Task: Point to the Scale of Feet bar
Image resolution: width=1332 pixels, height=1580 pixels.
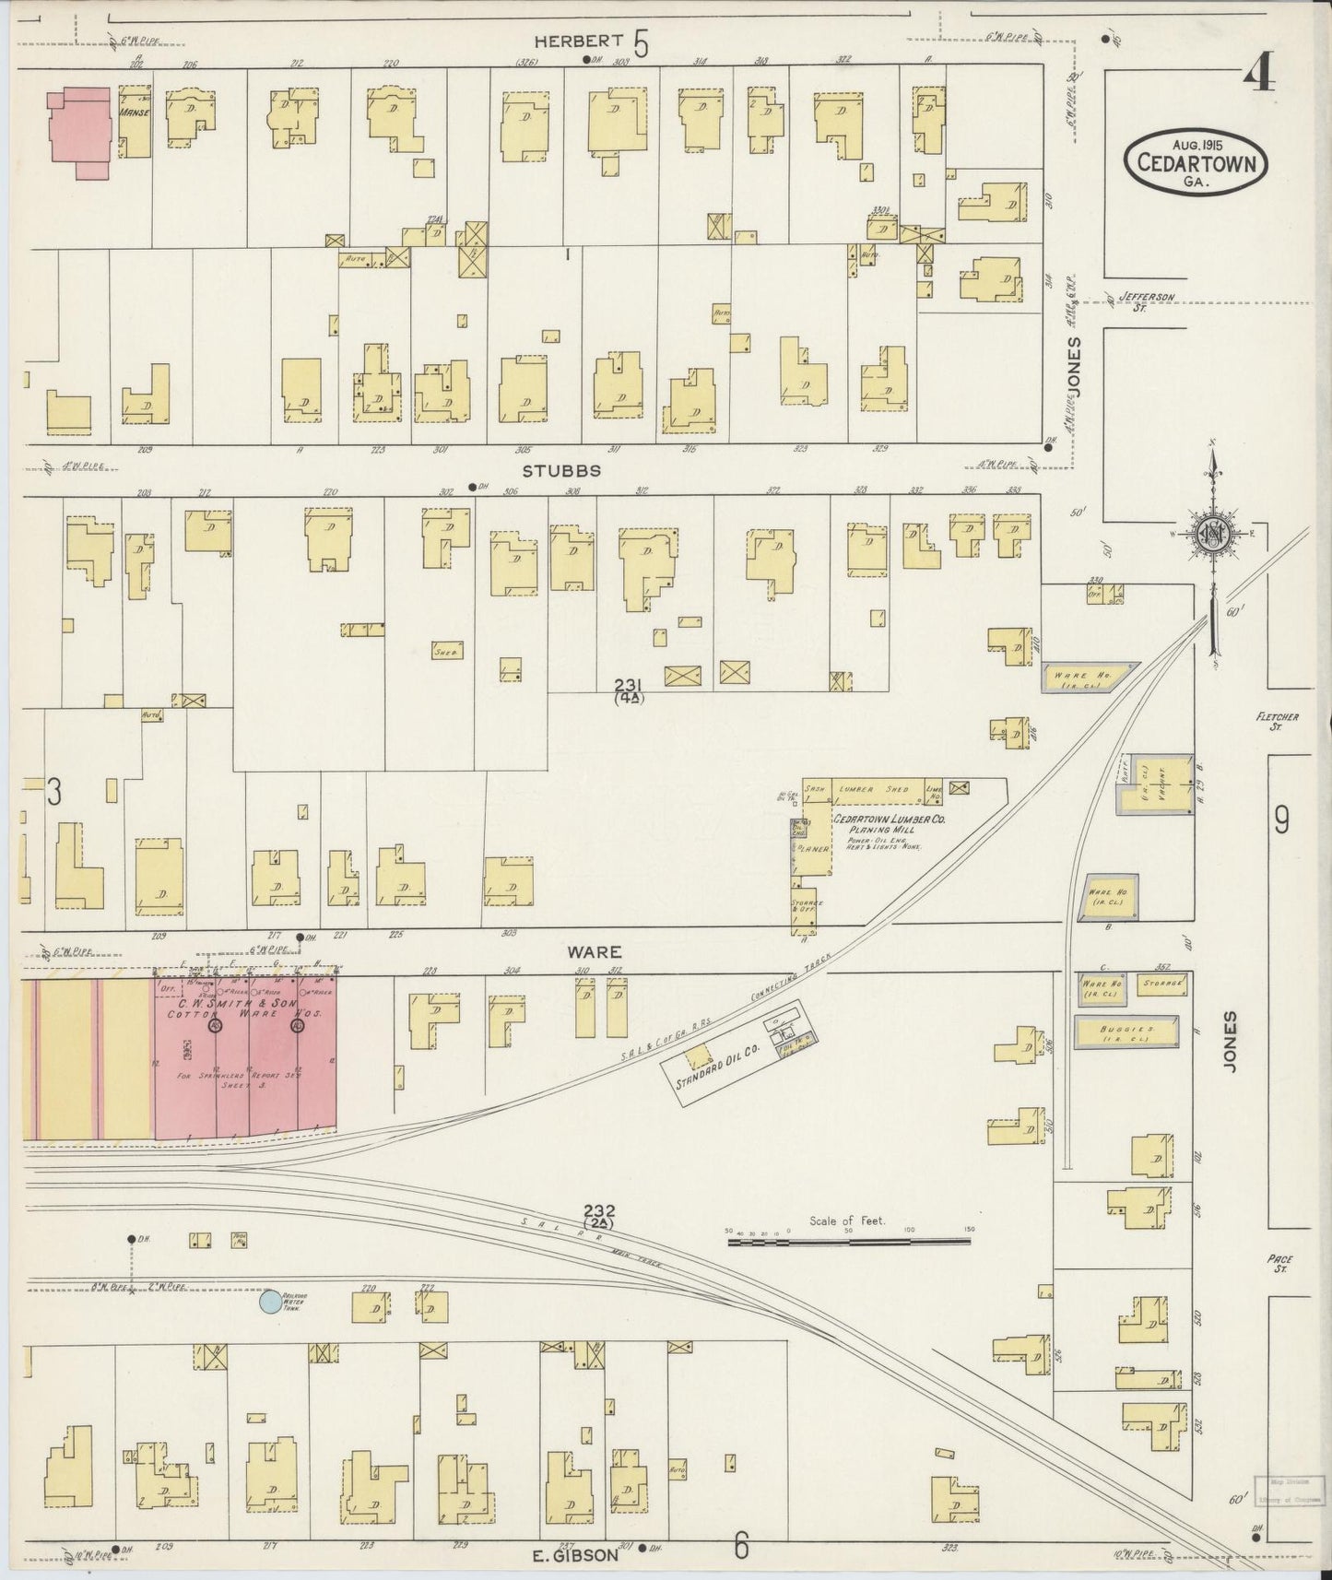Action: point(848,1242)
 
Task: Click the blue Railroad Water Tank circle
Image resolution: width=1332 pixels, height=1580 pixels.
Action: point(270,1301)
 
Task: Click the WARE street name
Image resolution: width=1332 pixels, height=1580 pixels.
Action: point(594,951)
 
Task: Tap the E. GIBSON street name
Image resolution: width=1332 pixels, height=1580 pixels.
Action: point(575,1555)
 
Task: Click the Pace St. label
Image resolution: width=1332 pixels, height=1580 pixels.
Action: point(1279,1262)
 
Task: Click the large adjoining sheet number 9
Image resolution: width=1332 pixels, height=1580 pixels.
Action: point(1281,819)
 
